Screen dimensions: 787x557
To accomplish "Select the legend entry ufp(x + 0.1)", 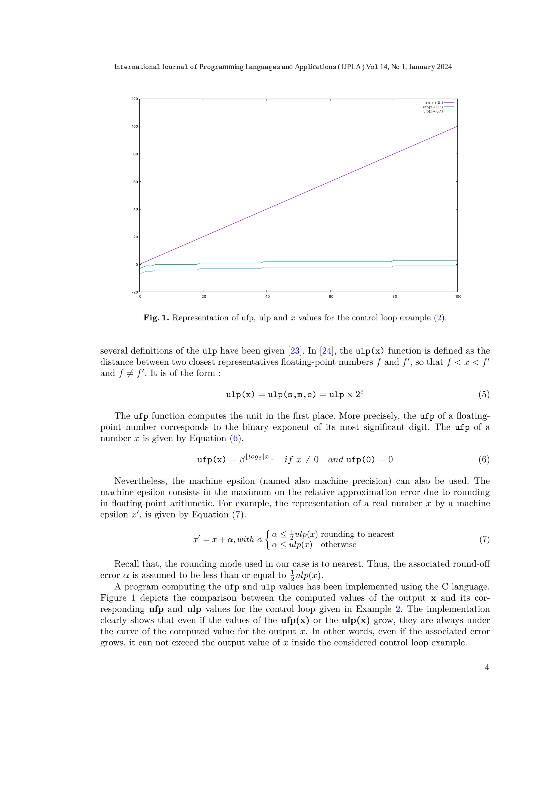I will (433, 107).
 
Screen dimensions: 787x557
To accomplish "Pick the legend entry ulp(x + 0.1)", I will (433, 111).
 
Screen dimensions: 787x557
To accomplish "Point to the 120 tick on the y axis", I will (135, 99).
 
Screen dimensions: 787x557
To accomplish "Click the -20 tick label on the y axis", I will (135, 292).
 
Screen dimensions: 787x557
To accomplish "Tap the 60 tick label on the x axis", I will (331, 296).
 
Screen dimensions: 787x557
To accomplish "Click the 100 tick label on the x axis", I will (458, 296).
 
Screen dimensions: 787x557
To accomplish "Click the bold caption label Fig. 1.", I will (156, 318).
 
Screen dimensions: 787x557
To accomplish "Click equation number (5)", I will (484, 394).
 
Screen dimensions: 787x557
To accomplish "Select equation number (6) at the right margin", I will (484, 459).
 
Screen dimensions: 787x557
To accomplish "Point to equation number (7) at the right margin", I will (484, 539).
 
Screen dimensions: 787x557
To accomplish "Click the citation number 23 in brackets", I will (295, 351).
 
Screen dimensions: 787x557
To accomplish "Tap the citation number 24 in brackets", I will (327, 351).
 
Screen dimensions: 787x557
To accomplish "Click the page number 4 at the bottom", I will (487, 667).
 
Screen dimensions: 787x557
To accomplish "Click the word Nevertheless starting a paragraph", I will (140, 481).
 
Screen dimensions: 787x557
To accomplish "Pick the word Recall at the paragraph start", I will (127, 564).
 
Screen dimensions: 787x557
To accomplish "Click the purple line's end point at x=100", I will (457, 126).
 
